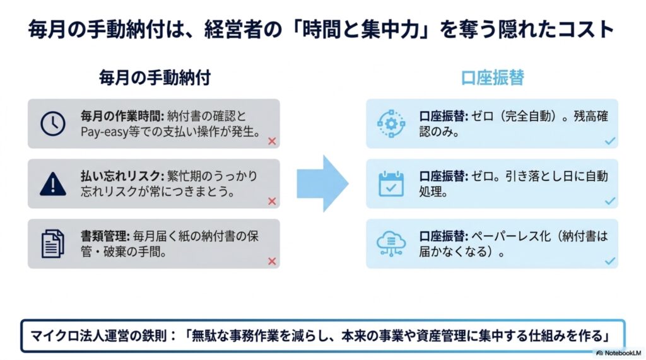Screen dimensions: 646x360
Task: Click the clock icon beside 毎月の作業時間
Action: pyautogui.click(x=53, y=123)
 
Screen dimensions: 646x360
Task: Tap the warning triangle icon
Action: pyautogui.click(x=53, y=183)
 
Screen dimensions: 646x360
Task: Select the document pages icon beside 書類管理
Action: pyautogui.click(x=53, y=244)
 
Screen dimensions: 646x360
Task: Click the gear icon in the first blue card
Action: pyautogui.click(x=391, y=123)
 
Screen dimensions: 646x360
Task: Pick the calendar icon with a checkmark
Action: pyautogui.click(x=391, y=183)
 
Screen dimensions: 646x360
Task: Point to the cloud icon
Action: pyautogui.click(x=391, y=243)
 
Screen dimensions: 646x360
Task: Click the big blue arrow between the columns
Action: pyautogui.click(x=322, y=183)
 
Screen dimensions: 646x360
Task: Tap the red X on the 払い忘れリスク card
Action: pyautogui.click(x=272, y=201)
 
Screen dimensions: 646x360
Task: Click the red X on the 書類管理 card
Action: pyautogui.click(x=272, y=261)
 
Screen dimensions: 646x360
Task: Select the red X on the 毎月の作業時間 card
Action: pyautogui.click(x=272, y=141)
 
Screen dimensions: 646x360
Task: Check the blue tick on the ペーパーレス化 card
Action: pyautogui.click(x=610, y=261)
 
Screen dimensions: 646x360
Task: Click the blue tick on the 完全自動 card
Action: pyautogui.click(x=610, y=141)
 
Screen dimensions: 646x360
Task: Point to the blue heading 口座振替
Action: pyautogui.click(x=492, y=78)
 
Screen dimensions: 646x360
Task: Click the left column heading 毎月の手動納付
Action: pyautogui.click(x=155, y=78)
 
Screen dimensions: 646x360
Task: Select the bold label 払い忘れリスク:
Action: pyautogui.click(x=122, y=177)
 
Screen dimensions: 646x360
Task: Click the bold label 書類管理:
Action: pyautogui.click(x=105, y=236)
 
